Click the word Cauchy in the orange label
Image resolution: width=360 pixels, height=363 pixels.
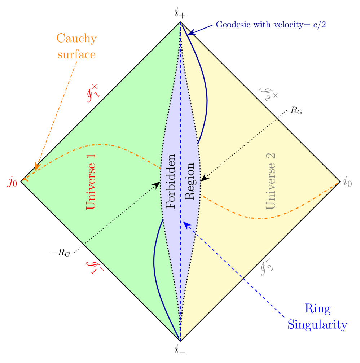[76, 39]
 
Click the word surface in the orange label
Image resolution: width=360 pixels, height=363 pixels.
[76, 54]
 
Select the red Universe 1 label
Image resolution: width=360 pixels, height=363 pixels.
[91, 183]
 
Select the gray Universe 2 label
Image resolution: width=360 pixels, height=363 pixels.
[271, 181]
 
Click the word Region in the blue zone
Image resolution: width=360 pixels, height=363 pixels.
[189, 181]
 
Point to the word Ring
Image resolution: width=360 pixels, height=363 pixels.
[317, 309]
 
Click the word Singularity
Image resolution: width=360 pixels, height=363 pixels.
[317, 325]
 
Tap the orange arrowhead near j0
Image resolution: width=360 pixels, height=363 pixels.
[36, 166]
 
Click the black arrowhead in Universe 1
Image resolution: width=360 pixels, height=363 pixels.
[157, 184]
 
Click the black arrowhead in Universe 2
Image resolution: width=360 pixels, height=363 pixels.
[204, 178]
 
